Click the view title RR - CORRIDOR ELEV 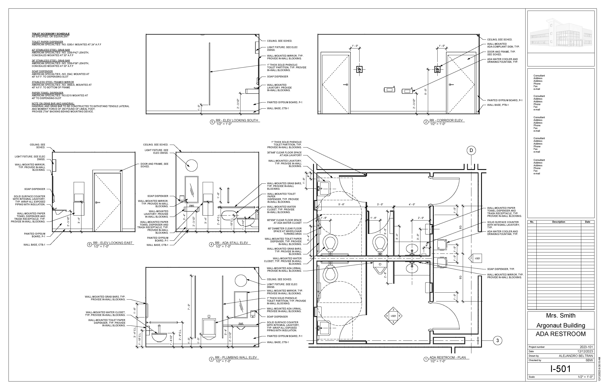446,120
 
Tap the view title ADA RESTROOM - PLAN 447,357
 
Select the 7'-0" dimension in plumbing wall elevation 189,307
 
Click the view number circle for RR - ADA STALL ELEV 211,244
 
